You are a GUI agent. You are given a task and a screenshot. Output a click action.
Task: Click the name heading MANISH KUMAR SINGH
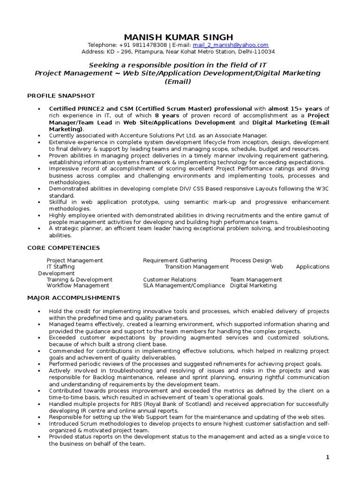tap(178, 37)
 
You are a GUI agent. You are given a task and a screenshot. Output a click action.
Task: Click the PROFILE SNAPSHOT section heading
tap(61, 96)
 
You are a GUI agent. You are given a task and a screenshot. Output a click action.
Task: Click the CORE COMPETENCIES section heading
tap(63, 247)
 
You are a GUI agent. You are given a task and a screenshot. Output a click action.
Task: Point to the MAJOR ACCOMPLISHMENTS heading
tap(74, 298)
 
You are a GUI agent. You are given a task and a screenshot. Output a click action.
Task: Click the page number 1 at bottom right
tap(327, 457)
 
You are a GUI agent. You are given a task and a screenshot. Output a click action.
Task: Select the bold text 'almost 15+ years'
tap(295, 109)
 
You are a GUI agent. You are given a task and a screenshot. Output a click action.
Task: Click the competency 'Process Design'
tap(250, 260)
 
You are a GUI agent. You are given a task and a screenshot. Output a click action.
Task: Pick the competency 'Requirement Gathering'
tap(175, 260)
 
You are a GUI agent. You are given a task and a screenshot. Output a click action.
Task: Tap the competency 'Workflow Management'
tap(78, 285)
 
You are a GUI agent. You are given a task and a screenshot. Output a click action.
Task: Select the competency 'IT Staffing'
tap(61, 267)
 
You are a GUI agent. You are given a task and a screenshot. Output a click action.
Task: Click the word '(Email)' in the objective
tap(178, 82)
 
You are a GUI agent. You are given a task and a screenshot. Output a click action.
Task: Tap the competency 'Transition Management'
tap(196, 267)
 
